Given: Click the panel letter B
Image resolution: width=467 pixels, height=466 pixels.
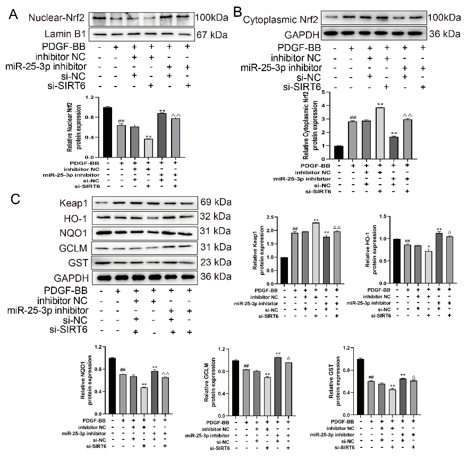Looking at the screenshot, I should (x=239, y=12).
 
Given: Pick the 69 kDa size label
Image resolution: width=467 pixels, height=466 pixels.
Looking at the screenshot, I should (x=215, y=202).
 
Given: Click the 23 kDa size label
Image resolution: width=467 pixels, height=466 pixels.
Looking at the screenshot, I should (x=215, y=262).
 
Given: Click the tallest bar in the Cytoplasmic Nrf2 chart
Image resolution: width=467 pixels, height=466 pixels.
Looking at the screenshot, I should (x=379, y=133).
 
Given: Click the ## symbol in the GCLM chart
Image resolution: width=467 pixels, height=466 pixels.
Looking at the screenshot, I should (x=246, y=366).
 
